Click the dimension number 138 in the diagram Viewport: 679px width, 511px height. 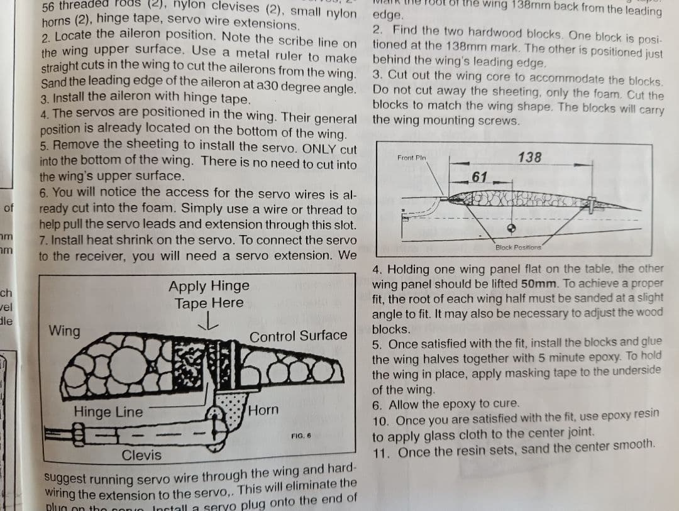(x=529, y=157)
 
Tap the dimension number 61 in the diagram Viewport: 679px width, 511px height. (x=480, y=177)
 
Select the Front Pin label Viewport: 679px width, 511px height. (x=412, y=157)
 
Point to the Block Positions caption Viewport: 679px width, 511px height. (x=518, y=248)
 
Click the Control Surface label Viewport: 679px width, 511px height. (x=298, y=336)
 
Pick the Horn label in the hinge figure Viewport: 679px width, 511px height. (x=263, y=410)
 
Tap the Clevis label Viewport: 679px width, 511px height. (x=141, y=454)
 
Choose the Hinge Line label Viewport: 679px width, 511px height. (x=108, y=412)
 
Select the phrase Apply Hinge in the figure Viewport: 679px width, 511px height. (x=209, y=286)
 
